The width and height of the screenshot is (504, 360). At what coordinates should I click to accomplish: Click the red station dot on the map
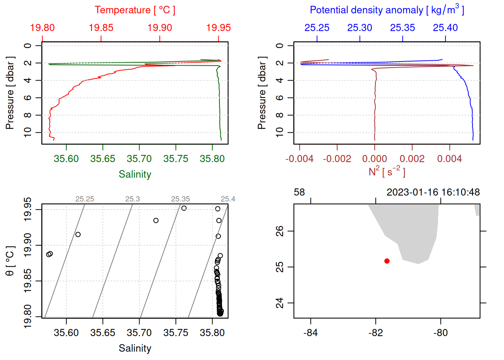pyautogui.click(x=387, y=261)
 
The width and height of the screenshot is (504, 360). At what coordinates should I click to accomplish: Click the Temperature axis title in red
pyautogui.click(x=135, y=10)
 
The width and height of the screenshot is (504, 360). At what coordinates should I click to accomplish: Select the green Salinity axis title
pyautogui.click(x=135, y=174)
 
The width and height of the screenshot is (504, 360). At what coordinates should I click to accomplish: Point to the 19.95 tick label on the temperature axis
pyautogui.click(x=219, y=28)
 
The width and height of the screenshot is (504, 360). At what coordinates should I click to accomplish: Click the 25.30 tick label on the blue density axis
pyautogui.click(x=360, y=28)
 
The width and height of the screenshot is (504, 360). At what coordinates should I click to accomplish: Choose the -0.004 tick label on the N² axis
pyautogui.click(x=299, y=159)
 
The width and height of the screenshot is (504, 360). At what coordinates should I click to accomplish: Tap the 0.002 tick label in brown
pyautogui.click(x=412, y=159)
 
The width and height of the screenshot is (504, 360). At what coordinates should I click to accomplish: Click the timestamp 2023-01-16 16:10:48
pyautogui.click(x=433, y=192)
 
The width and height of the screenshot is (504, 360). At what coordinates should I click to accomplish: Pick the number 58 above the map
pyautogui.click(x=299, y=192)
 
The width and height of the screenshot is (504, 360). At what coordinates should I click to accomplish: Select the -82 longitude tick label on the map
pyautogui.click(x=376, y=333)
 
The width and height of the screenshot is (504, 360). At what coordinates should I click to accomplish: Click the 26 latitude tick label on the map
pyautogui.click(x=280, y=231)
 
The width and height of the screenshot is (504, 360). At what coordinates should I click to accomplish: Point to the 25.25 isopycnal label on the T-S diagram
pyautogui.click(x=85, y=199)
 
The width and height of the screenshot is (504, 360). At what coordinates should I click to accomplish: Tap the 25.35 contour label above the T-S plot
pyautogui.click(x=180, y=199)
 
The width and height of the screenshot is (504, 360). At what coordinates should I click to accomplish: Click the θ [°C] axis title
pyautogui.click(x=10, y=261)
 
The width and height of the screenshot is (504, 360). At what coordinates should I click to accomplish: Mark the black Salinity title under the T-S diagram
pyautogui.click(x=135, y=348)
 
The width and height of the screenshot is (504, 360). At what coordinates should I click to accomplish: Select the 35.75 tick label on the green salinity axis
pyautogui.click(x=175, y=159)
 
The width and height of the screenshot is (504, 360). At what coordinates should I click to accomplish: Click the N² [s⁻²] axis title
pyautogui.click(x=387, y=171)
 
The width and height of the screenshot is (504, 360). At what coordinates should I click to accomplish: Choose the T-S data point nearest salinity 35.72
pyautogui.click(x=156, y=220)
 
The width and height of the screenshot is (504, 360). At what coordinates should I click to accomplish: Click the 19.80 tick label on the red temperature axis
pyautogui.click(x=42, y=28)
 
